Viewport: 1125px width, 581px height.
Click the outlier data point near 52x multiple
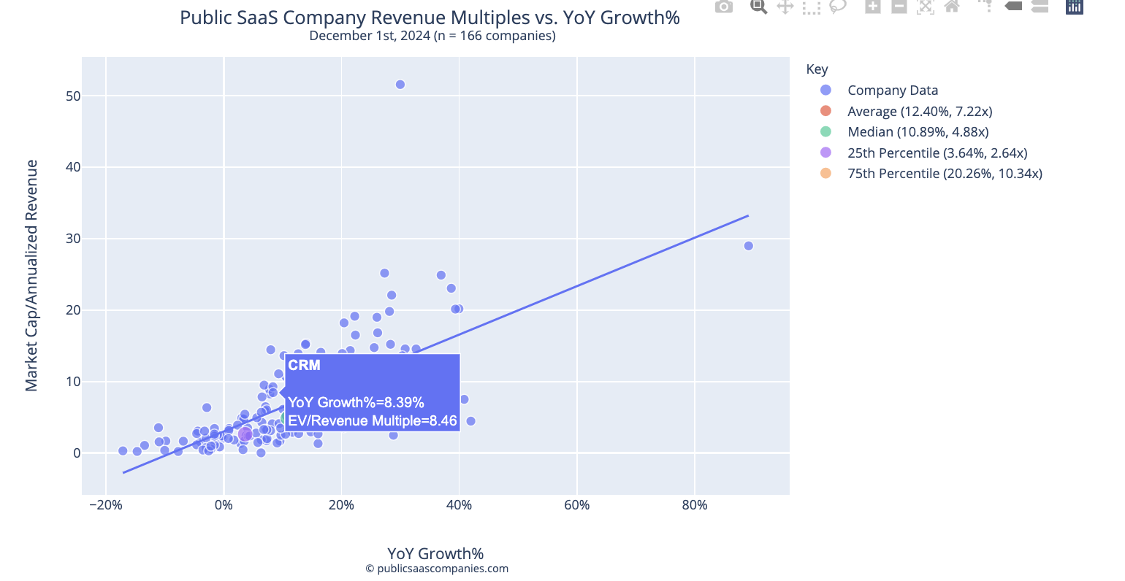coord(400,85)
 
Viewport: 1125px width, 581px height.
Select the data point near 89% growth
coord(748,246)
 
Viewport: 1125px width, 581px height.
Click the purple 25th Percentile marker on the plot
coord(245,434)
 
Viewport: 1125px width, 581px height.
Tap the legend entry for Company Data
coord(892,91)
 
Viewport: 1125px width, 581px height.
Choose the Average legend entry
coord(919,112)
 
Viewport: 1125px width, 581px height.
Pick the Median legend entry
coord(918,132)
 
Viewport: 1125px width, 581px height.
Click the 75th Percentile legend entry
coord(944,174)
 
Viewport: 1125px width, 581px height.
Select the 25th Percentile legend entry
coord(937,153)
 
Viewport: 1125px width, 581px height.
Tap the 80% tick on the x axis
coord(694,505)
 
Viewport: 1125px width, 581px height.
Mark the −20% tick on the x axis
coord(105,505)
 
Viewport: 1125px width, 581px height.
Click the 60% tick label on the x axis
coord(576,505)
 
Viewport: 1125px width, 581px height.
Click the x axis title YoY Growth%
coord(435,553)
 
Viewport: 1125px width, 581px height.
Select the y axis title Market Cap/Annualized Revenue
coord(31,276)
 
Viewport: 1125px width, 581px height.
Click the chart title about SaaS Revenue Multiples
coord(430,18)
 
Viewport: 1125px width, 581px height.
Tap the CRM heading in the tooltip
coord(304,366)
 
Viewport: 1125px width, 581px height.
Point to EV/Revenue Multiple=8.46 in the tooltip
coord(372,421)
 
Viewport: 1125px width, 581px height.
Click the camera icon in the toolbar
coord(723,7)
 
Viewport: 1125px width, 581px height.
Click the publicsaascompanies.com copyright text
coord(437,569)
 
